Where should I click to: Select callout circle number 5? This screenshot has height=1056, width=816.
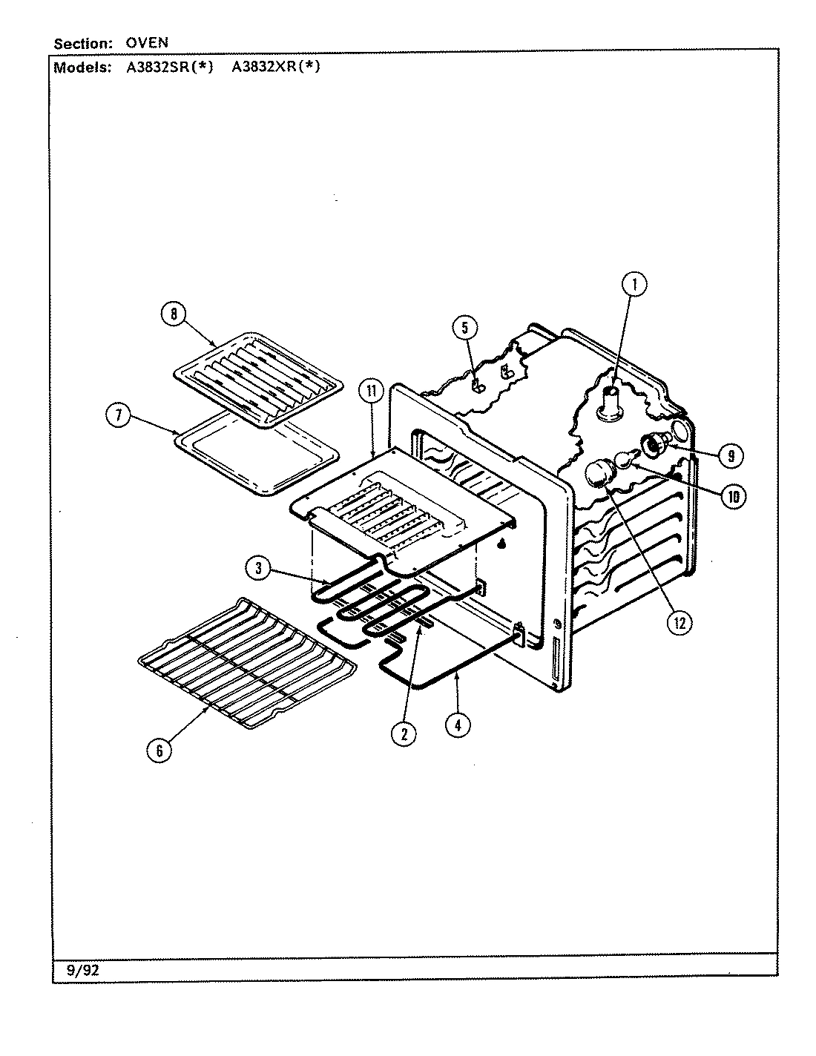click(x=464, y=327)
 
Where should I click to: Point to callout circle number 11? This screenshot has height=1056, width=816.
click(x=370, y=391)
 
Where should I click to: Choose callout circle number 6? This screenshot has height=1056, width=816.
click(x=158, y=750)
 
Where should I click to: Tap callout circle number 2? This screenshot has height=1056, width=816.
click(x=404, y=733)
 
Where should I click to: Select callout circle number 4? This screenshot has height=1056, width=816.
click(x=458, y=725)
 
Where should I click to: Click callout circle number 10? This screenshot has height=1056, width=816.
click(x=733, y=497)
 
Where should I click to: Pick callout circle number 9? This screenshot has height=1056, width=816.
click(x=731, y=457)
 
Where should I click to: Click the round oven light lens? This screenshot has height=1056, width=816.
click(x=599, y=472)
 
